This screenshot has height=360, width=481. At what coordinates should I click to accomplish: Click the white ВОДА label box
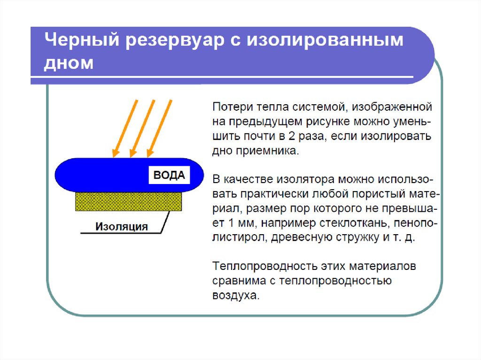coord(170,176)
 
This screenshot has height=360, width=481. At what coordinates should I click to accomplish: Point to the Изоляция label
coord(122,227)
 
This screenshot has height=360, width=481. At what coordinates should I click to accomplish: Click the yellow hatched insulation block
coord(129,201)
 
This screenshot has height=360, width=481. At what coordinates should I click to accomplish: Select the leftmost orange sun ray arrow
coord(124,128)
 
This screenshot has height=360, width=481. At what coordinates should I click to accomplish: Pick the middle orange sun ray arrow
coord(142,128)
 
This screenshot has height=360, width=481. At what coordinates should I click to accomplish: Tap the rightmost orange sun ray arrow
coord(160,128)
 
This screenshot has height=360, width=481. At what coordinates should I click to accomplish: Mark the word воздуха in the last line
coord(235,296)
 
